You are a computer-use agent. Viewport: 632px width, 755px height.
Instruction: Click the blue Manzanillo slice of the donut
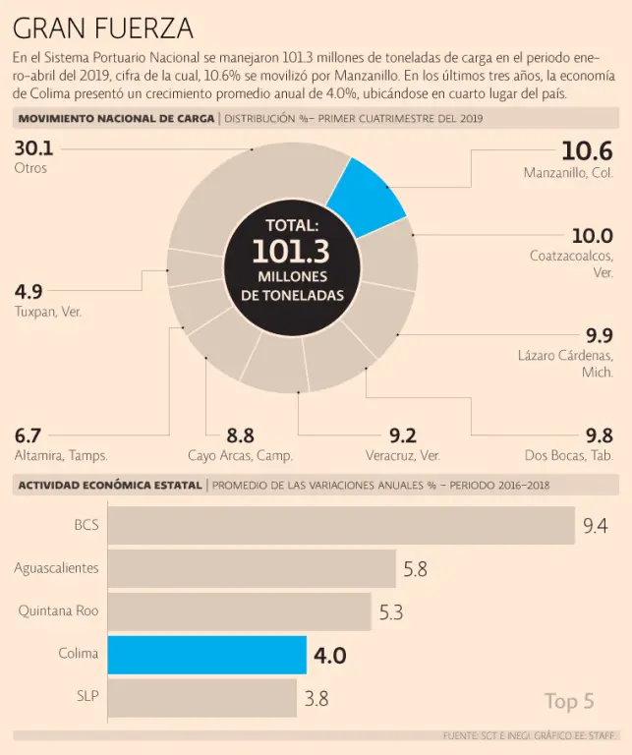(366, 197)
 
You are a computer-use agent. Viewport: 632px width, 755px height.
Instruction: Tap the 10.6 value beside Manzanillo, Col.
(587, 150)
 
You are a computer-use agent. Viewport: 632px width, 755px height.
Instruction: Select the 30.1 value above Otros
(33, 148)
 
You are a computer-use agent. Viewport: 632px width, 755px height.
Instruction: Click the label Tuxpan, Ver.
(47, 312)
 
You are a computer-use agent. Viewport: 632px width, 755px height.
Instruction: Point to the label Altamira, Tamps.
(61, 455)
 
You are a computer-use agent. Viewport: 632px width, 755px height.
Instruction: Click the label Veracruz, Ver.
(401, 455)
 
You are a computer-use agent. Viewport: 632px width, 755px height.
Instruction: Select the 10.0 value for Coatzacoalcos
(592, 236)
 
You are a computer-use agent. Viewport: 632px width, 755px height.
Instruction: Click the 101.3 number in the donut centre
(291, 252)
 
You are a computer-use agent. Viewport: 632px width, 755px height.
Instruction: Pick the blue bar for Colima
(206, 655)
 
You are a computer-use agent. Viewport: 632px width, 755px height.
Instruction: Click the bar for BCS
(340, 525)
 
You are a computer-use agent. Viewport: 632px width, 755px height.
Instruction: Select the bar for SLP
(201, 698)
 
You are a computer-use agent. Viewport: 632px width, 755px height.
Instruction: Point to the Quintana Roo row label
(58, 610)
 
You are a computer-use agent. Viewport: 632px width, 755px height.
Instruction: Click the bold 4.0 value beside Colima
(329, 656)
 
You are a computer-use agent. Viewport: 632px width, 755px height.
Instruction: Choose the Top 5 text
(569, 701)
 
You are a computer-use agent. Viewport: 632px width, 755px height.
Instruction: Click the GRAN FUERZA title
(103, 27)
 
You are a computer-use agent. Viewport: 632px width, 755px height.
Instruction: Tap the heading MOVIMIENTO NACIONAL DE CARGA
(115, 118)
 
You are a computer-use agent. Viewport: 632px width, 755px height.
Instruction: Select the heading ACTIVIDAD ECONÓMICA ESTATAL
(109, 485)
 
